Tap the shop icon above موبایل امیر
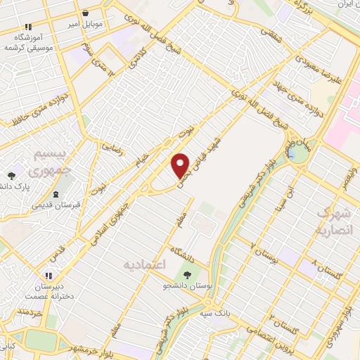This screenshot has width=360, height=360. [86, 13]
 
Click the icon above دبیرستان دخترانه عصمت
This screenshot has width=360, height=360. [49, 276]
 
